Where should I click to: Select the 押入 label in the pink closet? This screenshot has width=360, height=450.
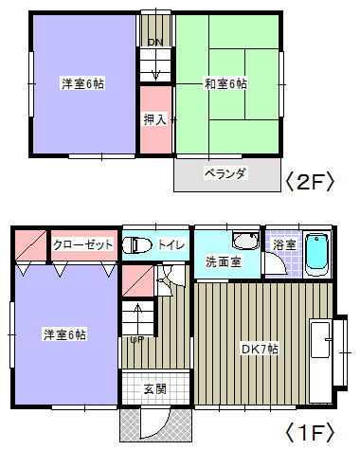point(155,120)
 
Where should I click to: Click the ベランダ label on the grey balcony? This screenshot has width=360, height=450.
point(225,173)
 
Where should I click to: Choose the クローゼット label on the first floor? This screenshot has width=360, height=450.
point(83,244)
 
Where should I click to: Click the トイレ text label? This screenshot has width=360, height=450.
point(171,244)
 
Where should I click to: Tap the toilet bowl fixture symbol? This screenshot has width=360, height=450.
point(138,244)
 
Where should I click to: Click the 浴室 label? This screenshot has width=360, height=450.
point(283,244)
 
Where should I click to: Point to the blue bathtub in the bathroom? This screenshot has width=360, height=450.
point(316,253)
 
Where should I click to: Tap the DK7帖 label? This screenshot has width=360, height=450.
point(258,348)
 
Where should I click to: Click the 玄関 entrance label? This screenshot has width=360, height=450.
point(155,387)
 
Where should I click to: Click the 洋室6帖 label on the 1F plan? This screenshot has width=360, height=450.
point(63,334)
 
